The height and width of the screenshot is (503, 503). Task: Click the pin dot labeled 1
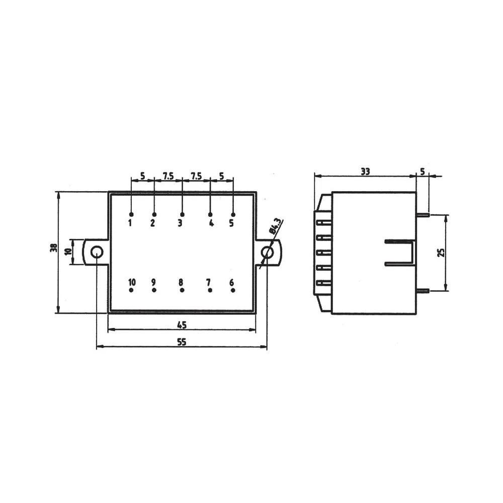pos(131,215)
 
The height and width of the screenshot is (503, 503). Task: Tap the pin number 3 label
pos(180,223)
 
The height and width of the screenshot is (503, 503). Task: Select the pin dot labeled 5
pos(233,215)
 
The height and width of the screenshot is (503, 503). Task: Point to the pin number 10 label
pos(132,282)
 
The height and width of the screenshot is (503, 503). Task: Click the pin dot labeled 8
pos(182,290)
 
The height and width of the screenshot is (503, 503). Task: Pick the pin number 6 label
pos(232,282)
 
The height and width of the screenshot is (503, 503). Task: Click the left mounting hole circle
pos(96,252)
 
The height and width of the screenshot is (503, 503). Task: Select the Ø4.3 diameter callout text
pos(276,227)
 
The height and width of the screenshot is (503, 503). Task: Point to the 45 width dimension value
pos(182,325)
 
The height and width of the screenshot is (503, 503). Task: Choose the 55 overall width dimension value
pos(182,342)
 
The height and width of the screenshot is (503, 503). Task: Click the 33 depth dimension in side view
pos(365,172)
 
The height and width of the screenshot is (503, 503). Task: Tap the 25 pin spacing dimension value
pos(442,252)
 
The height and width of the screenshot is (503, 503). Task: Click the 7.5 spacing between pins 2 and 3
pos(168,176)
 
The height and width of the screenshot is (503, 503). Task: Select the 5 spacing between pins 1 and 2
pos(143,176)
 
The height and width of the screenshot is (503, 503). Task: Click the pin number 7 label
pos(209,282)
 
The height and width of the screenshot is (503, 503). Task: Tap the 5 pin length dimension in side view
pos(423,172)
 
